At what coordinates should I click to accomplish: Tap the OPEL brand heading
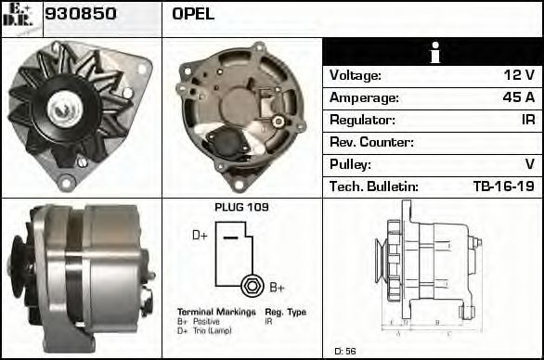[193, 14]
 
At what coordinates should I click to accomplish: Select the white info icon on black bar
[433, 53]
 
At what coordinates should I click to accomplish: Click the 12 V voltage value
[518, 75]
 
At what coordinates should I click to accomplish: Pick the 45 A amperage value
[518, 97]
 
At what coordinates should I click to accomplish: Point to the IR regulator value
[526, 120]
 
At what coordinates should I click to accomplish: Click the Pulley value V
[529, 164]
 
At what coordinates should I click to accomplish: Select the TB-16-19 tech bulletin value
[503, 186]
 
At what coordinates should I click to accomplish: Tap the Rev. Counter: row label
[370, 142]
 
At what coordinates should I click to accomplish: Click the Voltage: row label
[356, 75]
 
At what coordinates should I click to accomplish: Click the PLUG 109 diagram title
[241, 207]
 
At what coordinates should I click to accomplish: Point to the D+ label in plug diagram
[200, 236]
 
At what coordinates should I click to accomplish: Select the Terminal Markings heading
[215, 312]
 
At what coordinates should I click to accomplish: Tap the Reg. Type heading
[285, 312]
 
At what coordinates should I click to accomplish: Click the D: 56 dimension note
[345, 351]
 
